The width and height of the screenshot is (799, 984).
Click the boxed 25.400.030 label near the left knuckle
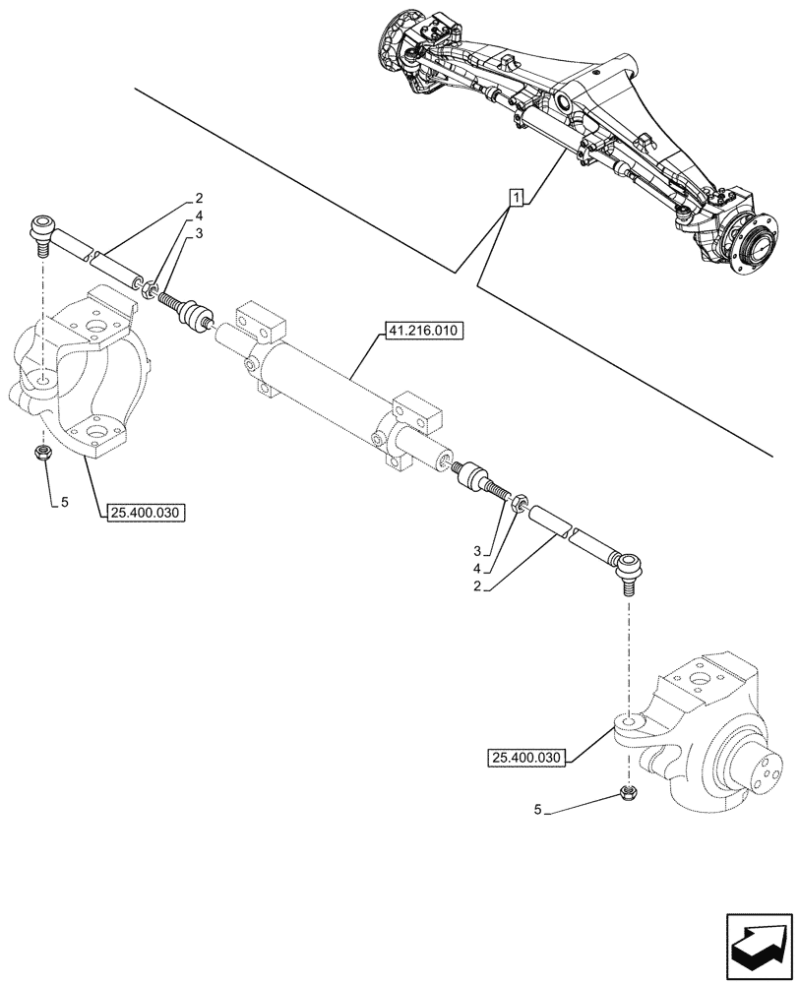click(144, 512)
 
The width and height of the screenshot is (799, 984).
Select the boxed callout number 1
click(516, 197)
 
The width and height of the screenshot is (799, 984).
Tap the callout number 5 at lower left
click(64, 502)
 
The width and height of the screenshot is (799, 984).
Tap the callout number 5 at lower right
click(539, 811)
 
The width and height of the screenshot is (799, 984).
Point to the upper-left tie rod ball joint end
click(40, 226)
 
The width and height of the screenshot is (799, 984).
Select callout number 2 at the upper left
click(199, 198)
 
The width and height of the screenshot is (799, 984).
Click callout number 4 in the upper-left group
click(199, 215)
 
